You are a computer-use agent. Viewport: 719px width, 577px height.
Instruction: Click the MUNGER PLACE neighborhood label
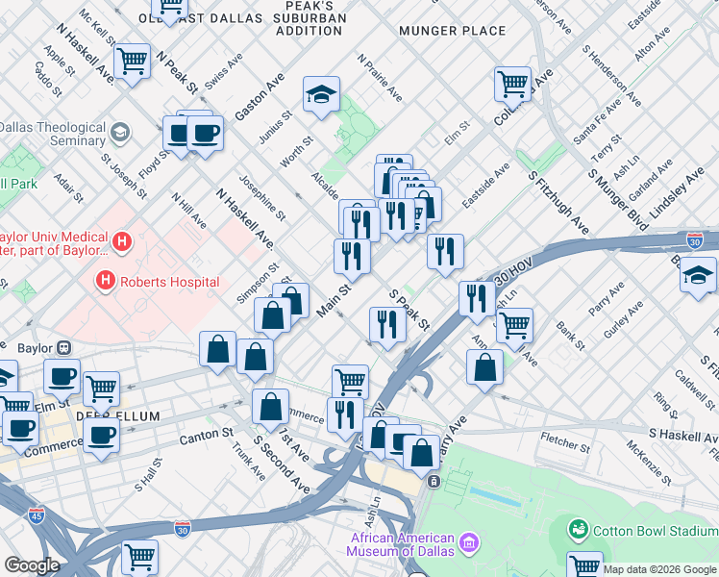pyautogui.click(x=451, y=31)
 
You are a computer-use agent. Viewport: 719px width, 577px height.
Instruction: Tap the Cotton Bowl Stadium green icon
pyautogui.click(x=578, y=529)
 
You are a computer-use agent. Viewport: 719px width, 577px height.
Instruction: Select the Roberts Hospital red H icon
pyautogui.click(x=105, y=281)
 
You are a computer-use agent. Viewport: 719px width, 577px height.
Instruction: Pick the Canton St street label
pyautogui.click(x=208, y=436)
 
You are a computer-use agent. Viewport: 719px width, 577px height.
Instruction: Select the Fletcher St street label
pyautogui.click(x=564, y=444)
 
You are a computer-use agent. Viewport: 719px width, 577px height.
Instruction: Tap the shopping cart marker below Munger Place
pyautogui.click(x=512, y=84)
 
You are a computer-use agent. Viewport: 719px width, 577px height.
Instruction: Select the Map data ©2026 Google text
pyautogui.click(x=659, y=569)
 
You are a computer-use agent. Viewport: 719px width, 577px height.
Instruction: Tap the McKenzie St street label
pyautogui.click(x=648, y=460)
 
